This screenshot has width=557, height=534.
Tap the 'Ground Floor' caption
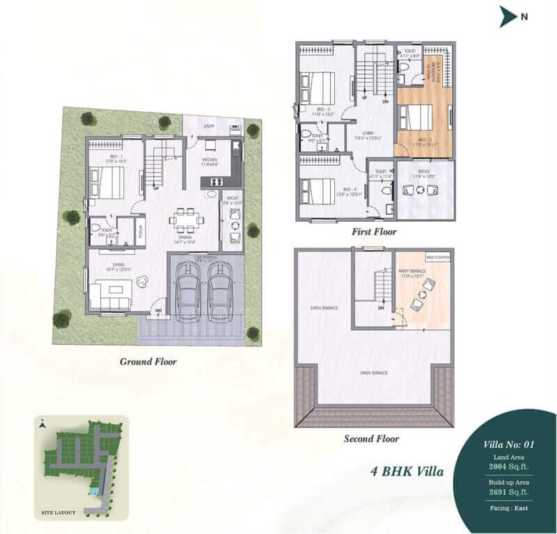click(x=148, y=362)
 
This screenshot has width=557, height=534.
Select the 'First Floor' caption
click(x=373, y=232)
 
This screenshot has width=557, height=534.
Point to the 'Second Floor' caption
click(x=371, y=439)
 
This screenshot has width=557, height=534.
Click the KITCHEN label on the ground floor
click(x=210, y=161)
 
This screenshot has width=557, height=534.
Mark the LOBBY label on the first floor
click(x=361, y=136)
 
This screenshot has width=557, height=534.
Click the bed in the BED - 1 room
click(x=106, y=181)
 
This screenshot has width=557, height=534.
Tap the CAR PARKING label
click(x=206, y=258)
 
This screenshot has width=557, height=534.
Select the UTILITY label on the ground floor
click(x=208, y=127)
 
